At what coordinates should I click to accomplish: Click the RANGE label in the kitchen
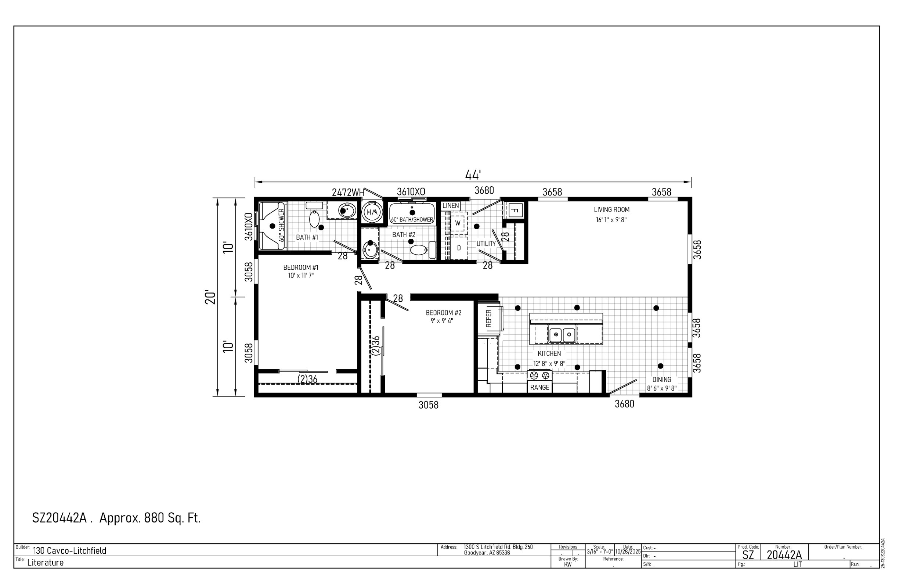pyautogui.click(x=539, y=387)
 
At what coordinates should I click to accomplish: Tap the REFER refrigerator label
pyautogui.click(x=489, y=318)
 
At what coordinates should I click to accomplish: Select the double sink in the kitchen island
pyautogui.click(x=562, y=335)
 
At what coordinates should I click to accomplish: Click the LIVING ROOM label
pyautogui.click(x=611, y=210)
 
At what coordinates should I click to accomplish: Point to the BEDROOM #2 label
pyautogui.click(x=444, y=313)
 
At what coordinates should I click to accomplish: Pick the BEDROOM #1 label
pyautogui.click(x=301, y=267)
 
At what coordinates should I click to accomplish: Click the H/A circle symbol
pyautogui.click(x=372, y=212)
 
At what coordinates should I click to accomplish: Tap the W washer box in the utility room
pyautogui.click(x=458, y=223)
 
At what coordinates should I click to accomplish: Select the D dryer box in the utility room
pyautogui.click(x=459, y=248)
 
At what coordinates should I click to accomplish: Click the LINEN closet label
pyautogui.click(x=451, y=206)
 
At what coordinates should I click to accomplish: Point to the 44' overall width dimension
pyautogui.click(x=473, y=175)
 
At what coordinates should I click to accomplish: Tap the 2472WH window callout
pyautogui.click(x=348, y=193)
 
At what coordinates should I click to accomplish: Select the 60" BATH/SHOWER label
pyautogui.click(x=412, y=220)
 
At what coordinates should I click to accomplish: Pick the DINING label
pyautogui.click(x=662, y=380)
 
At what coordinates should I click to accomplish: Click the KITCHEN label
pyautogui.click(x=549, y=354)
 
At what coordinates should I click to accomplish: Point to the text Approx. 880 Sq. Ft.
pyautogui.click(x=150, y=518)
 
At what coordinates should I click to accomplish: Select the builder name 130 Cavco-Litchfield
pyautogui.click(x=69, y=551)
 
